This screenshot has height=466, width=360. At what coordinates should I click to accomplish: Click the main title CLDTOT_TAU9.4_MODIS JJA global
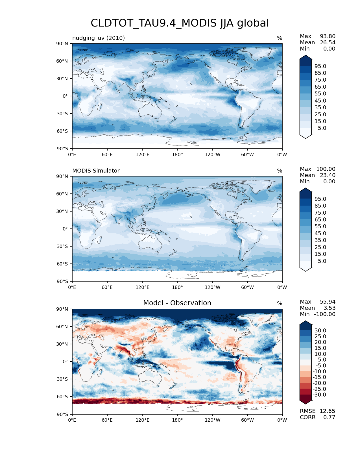click(180, 23)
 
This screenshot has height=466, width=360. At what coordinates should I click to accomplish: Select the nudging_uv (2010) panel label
click(99, 38)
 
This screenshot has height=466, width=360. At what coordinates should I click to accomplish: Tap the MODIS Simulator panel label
click(96, 171)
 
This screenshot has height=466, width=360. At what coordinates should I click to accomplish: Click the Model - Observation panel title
click(177, 303)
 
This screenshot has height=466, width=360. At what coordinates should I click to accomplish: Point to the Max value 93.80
click(328, 36)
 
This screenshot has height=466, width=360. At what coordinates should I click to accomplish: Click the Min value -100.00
click(325, 314)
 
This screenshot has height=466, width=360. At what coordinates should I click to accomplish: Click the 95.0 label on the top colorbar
click(320, 66)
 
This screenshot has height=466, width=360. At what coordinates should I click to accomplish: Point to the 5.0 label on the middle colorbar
click(322, 261)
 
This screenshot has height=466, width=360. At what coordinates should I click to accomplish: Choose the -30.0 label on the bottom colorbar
click(319, 395)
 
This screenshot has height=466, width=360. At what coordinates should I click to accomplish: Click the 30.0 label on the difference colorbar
click(320, 331)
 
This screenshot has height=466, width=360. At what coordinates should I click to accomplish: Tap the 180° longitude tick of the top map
click(177, 155)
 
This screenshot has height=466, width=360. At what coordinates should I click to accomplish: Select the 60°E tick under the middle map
click(107, 288)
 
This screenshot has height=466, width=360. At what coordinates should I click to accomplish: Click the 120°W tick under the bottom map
click(212, 420)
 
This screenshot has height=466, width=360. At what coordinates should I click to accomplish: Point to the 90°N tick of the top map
click(62, 44)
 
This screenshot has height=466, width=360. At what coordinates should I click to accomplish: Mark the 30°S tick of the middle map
click(62, 246)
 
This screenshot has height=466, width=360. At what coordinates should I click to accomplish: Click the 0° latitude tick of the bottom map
click(65, 362)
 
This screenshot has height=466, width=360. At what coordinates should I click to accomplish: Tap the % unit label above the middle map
click(280, 171)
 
